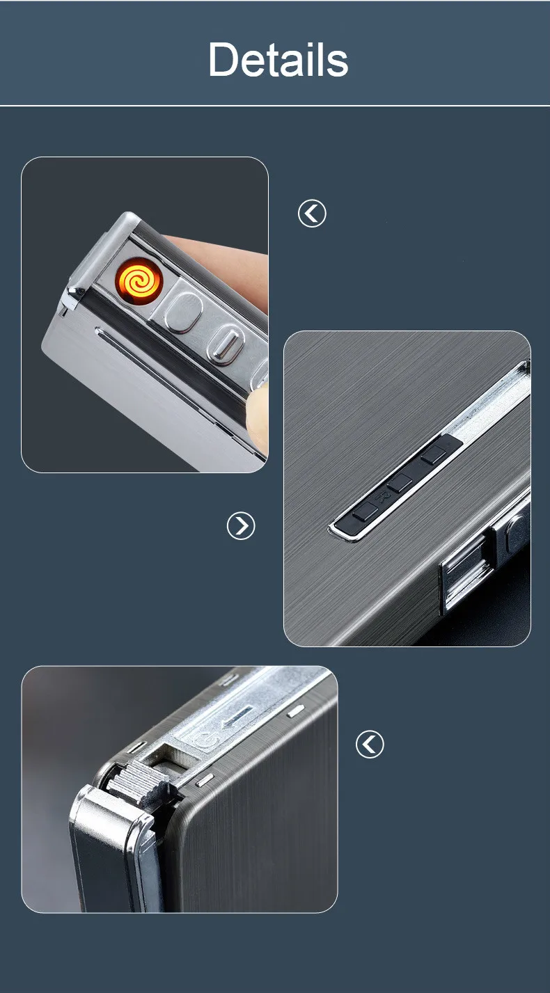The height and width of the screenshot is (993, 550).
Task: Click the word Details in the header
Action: coord(278,59)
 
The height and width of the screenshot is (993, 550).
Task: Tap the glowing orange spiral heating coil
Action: coord(139,280)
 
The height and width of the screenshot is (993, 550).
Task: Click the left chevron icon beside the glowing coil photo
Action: coord(312,213)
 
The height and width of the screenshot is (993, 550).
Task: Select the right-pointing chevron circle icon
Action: coord(241,526)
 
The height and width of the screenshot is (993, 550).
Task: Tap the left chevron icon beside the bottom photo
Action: coord(370,744)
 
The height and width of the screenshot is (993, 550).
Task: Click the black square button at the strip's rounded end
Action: coord(366,510)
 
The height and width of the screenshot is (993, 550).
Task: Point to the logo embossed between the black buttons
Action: coord(382,498)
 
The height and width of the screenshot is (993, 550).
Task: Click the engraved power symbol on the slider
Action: coord(207,740)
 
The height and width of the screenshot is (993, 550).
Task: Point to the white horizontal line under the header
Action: coord(275,106)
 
